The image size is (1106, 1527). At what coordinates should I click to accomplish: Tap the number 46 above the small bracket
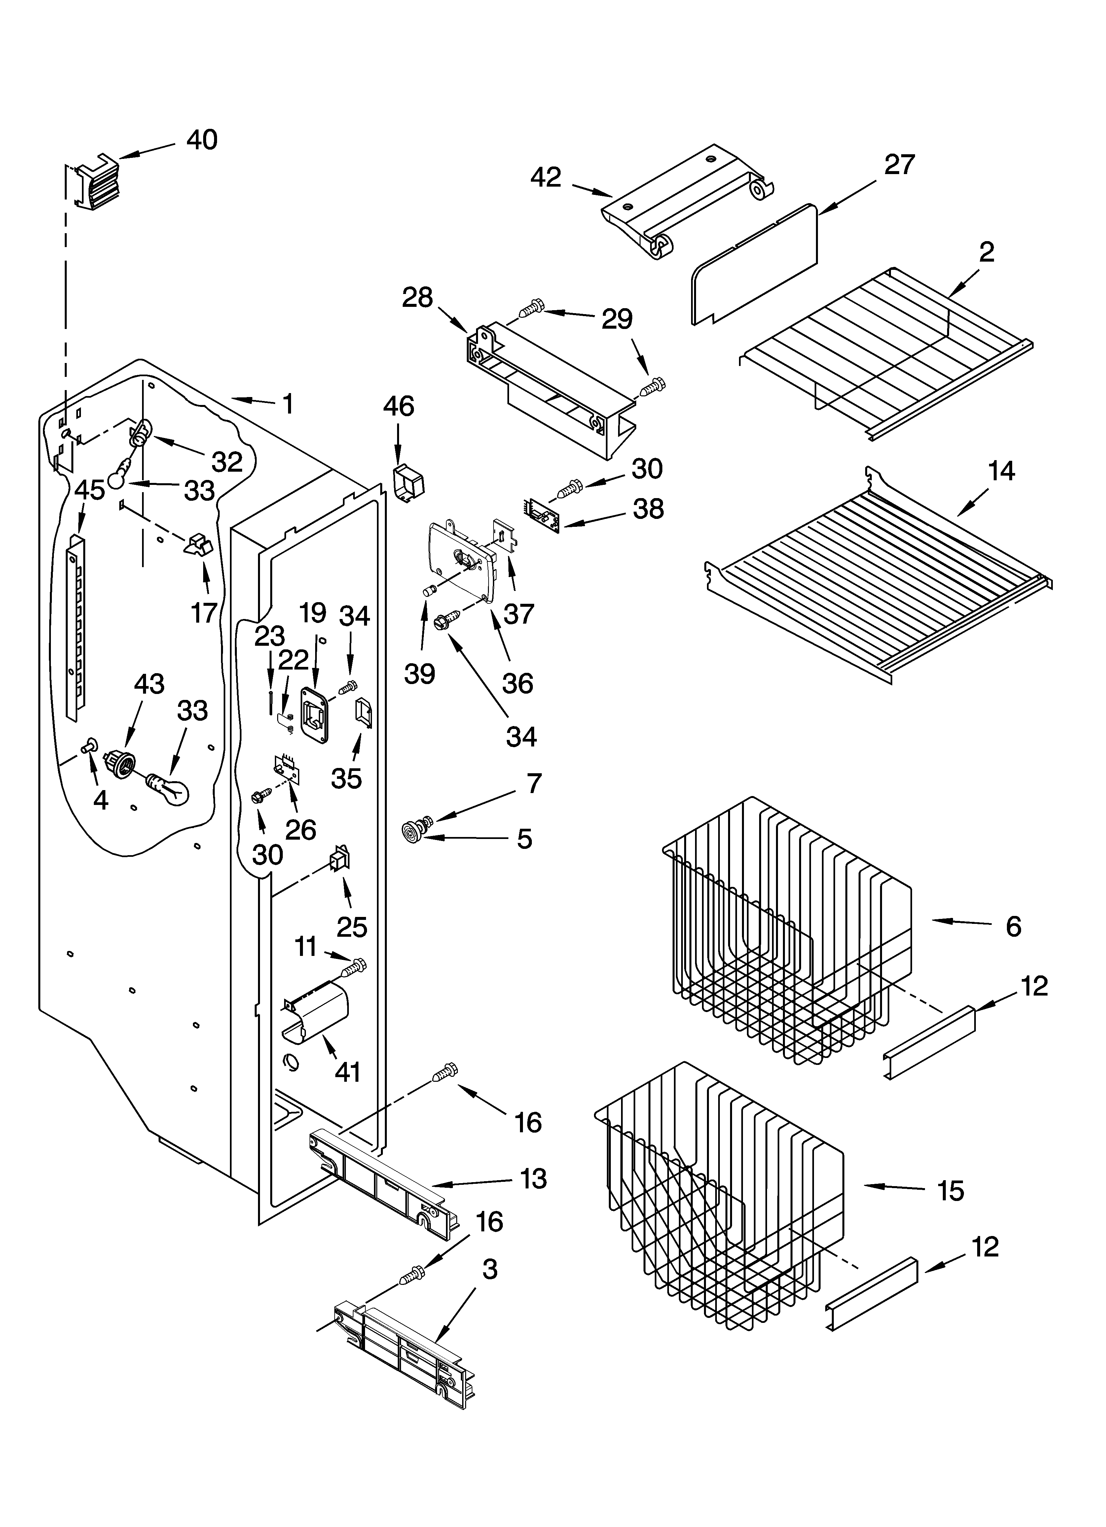[399, 407]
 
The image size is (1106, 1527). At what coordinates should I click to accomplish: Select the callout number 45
[90, 490]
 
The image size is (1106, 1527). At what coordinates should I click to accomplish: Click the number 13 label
[534, 1179]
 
